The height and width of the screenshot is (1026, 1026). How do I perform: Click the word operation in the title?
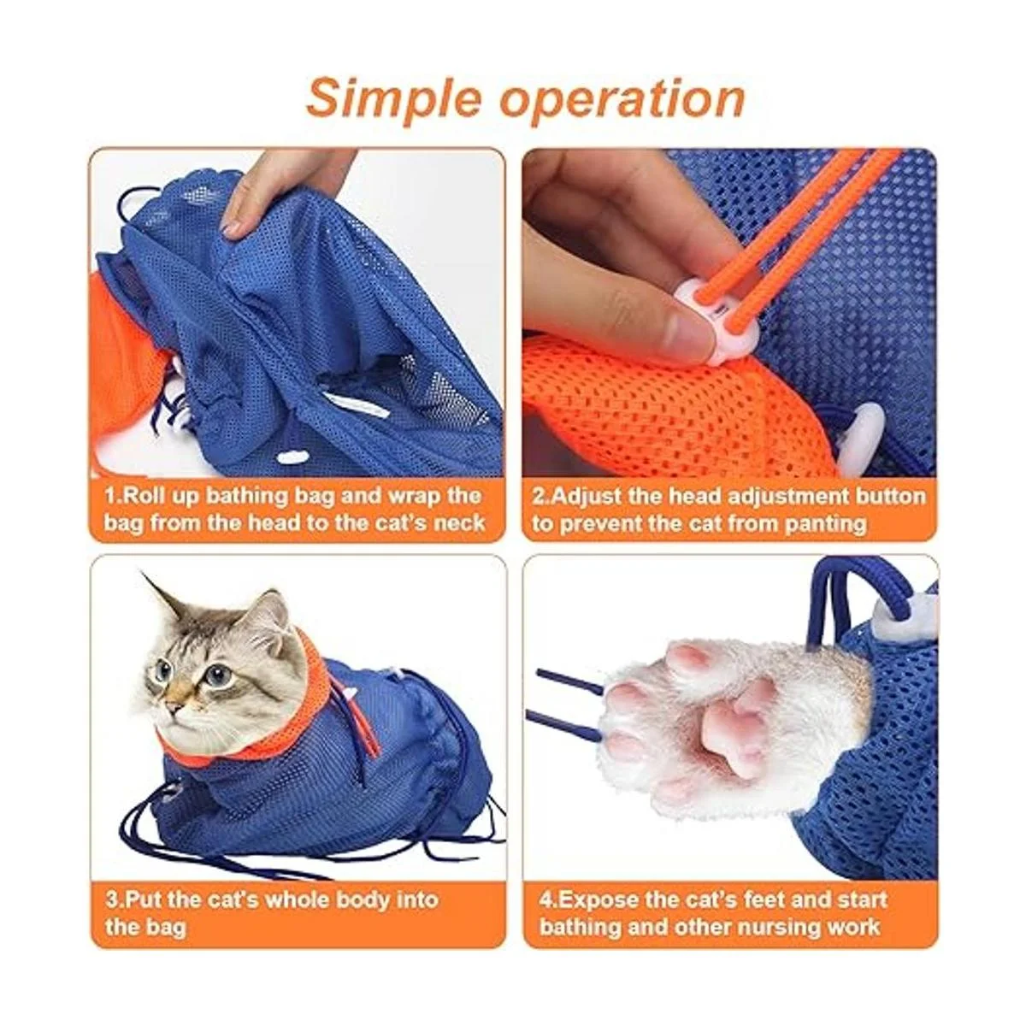pyautogui.click(x=622, y=99)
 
